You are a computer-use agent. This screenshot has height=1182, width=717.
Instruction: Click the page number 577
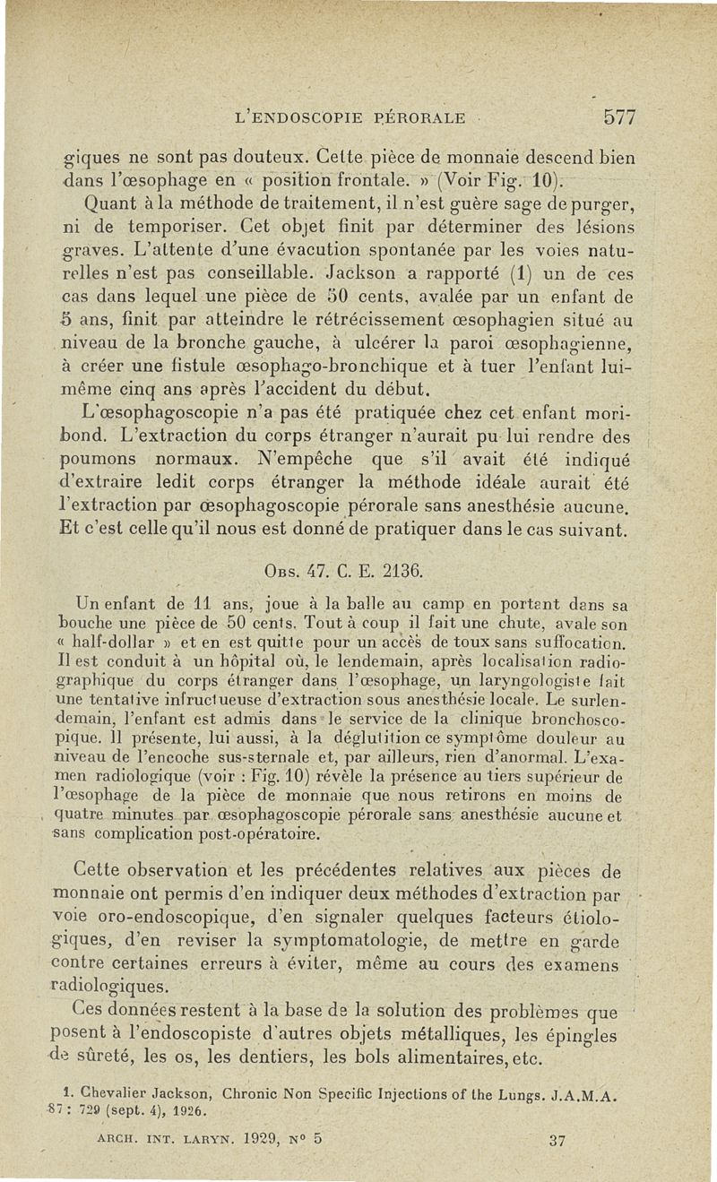(619, 116)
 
